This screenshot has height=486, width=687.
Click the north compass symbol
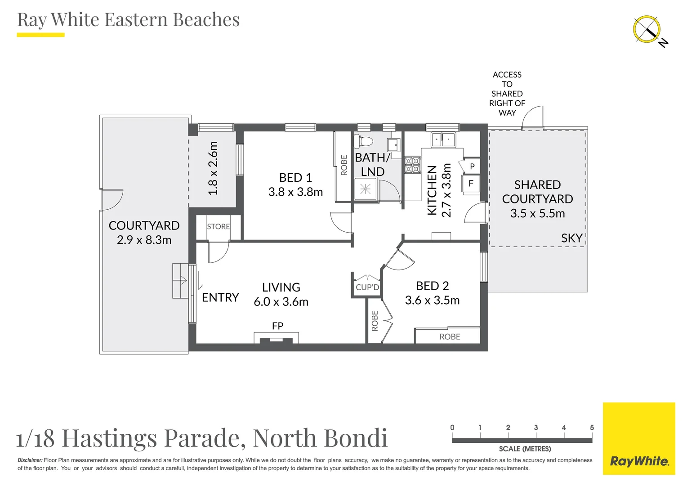tap(647, 30)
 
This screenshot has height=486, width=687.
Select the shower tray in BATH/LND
tap(365, 189)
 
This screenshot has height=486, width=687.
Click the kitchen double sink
tap(443, 139)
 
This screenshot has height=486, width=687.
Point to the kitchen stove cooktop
tap(412, 165)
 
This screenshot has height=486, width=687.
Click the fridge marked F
tap(471, 184)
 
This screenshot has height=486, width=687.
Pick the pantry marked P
tap(472, 166)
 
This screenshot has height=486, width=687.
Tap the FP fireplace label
tap(277, 326)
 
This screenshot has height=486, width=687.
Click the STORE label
tap(218, 227)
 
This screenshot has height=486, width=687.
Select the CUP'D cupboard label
tap(367, 287)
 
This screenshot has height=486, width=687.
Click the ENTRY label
tap(220, 297)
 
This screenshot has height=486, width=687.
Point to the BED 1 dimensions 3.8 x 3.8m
tap(295, 192)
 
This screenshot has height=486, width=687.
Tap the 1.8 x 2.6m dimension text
tap(213, 168)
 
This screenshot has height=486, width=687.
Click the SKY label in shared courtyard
tap(571, 238)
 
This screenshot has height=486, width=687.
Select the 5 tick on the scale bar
tap(592, 427)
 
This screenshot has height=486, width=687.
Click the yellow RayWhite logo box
tap(639, 438)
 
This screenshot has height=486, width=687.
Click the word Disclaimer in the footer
tap(30, 460)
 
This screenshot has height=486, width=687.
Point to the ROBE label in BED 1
tap(344, 165)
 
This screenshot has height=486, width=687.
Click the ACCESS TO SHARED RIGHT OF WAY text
tap(507, 94)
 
